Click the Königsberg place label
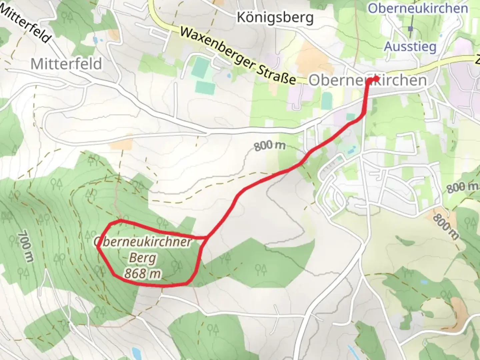click(275, 17)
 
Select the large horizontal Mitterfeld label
click(66, 63)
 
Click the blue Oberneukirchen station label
click(418, 8)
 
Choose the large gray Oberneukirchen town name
click(367, 80)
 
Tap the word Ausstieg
click(410, 46)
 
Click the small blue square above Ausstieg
click(410, 29)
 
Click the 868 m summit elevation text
click(143, 274)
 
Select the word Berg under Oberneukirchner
click(143, 258)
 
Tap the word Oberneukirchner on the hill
click(143, 242)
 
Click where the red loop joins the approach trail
click(207, 237)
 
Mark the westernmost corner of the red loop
click(98, 247)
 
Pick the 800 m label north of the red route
click(270, 146)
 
